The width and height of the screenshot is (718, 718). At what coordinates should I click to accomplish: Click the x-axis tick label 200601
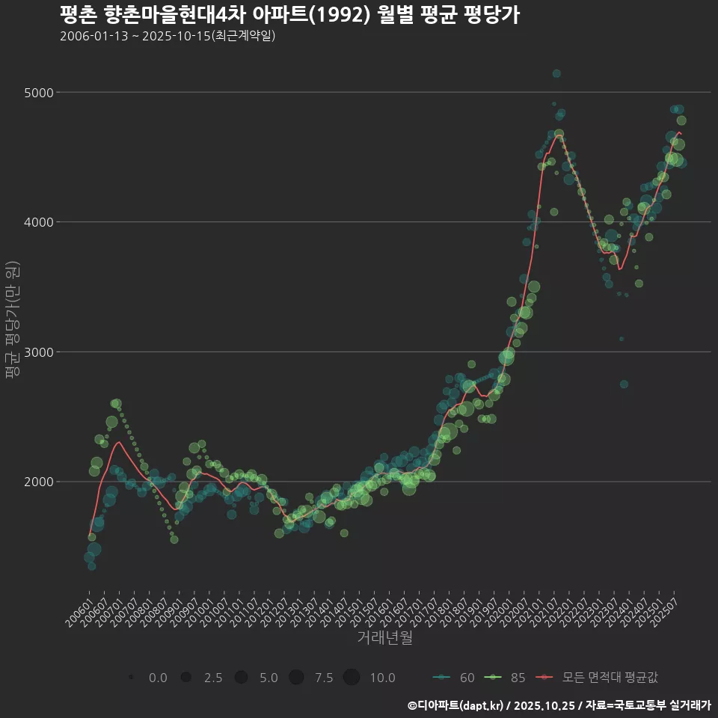pyautogui.click(x=79, y=611)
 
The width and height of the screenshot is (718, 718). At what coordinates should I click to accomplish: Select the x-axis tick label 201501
pyautogui.click(x=360, y=611)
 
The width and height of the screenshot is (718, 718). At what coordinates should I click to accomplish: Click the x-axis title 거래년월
pyautogui.click(x=384, y=638)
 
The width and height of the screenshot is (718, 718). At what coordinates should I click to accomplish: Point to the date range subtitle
pyautogui.click(x=168, y=36)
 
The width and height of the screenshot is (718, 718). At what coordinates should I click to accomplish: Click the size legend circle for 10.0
pyautogui.click(x=352, y=678)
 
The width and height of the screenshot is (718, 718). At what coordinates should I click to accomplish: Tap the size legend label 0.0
pyautogui.click(x=158, y=678)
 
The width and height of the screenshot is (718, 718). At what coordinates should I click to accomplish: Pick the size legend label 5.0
pyautogui.click(x=269, y=678)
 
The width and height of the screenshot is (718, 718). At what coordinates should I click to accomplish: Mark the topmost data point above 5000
pyautogui.click(x=556, y=73)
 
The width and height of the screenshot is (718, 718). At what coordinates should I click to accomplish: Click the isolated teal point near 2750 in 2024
pyautogui.click(x=624, y=384)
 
